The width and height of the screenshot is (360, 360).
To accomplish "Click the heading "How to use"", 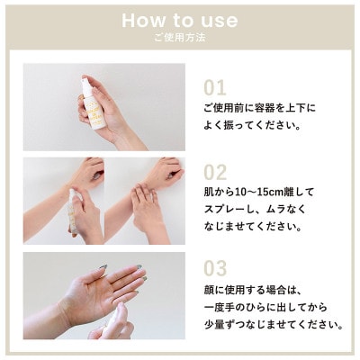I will click(180, 20).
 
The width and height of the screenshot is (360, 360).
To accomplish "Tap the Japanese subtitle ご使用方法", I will click(180, 40).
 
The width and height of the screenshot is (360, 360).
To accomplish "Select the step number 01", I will click(214, 88).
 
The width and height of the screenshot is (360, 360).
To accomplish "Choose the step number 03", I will click(215, 268).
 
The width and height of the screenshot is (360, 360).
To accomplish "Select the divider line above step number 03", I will click(270, 251).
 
